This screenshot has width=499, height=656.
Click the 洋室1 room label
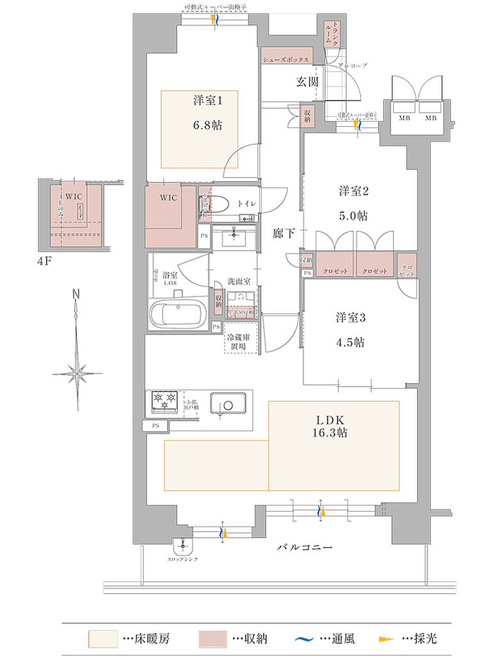(208, 100)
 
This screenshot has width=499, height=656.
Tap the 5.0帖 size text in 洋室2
(352, 215)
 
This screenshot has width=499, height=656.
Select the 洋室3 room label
(352, 317)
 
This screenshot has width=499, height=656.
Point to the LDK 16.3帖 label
(331, 426)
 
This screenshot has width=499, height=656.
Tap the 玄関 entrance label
(307, 81)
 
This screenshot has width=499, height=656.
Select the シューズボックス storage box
(286, 60)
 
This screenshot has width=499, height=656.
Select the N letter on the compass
(75, 294)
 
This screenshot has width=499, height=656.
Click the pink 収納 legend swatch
(212, 639)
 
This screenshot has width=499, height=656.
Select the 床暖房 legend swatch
(103, 639)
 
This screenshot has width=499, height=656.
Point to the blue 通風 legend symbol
(303, 639)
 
